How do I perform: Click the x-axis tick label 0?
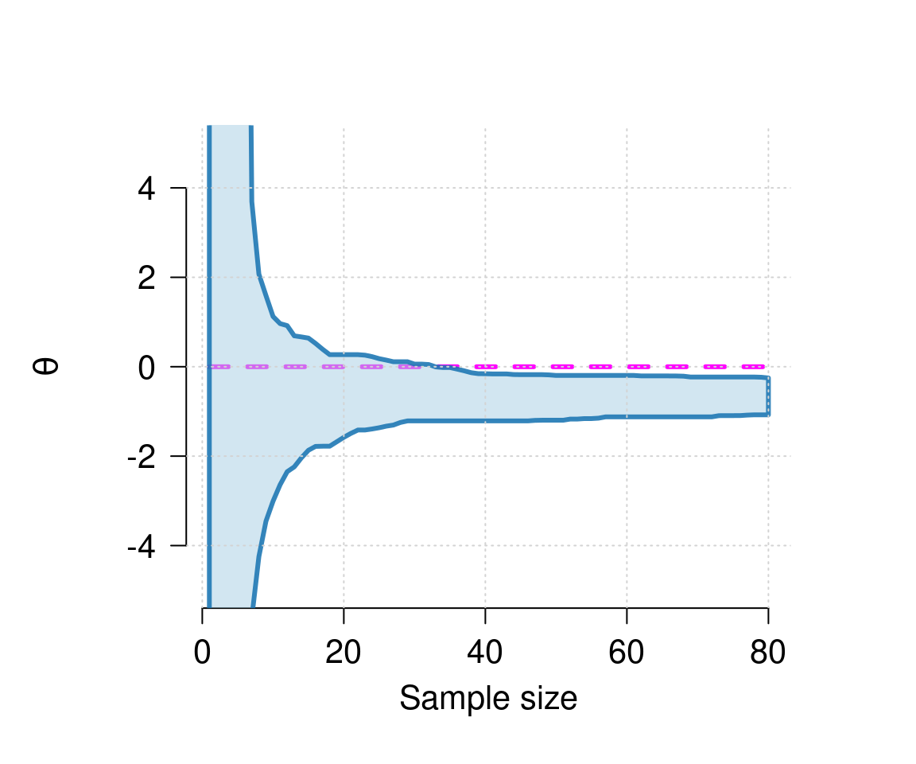tap(203, 653)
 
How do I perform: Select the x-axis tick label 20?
tap(343, 653)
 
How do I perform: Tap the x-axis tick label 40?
tap(485, 653)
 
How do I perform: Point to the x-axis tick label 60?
tap(627, 653)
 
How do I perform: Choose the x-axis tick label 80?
tap(768, 653)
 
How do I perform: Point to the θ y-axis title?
tap(49, 367)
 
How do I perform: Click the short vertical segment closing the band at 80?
tap(768, 396)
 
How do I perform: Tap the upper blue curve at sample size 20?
tap(343, 354)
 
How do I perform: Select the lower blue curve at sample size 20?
tap(343, 438)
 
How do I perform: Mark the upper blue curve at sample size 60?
tap(627, 376)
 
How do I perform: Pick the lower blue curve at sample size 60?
tap(627, 416)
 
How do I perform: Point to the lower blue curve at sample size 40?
tap(485, 420)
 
